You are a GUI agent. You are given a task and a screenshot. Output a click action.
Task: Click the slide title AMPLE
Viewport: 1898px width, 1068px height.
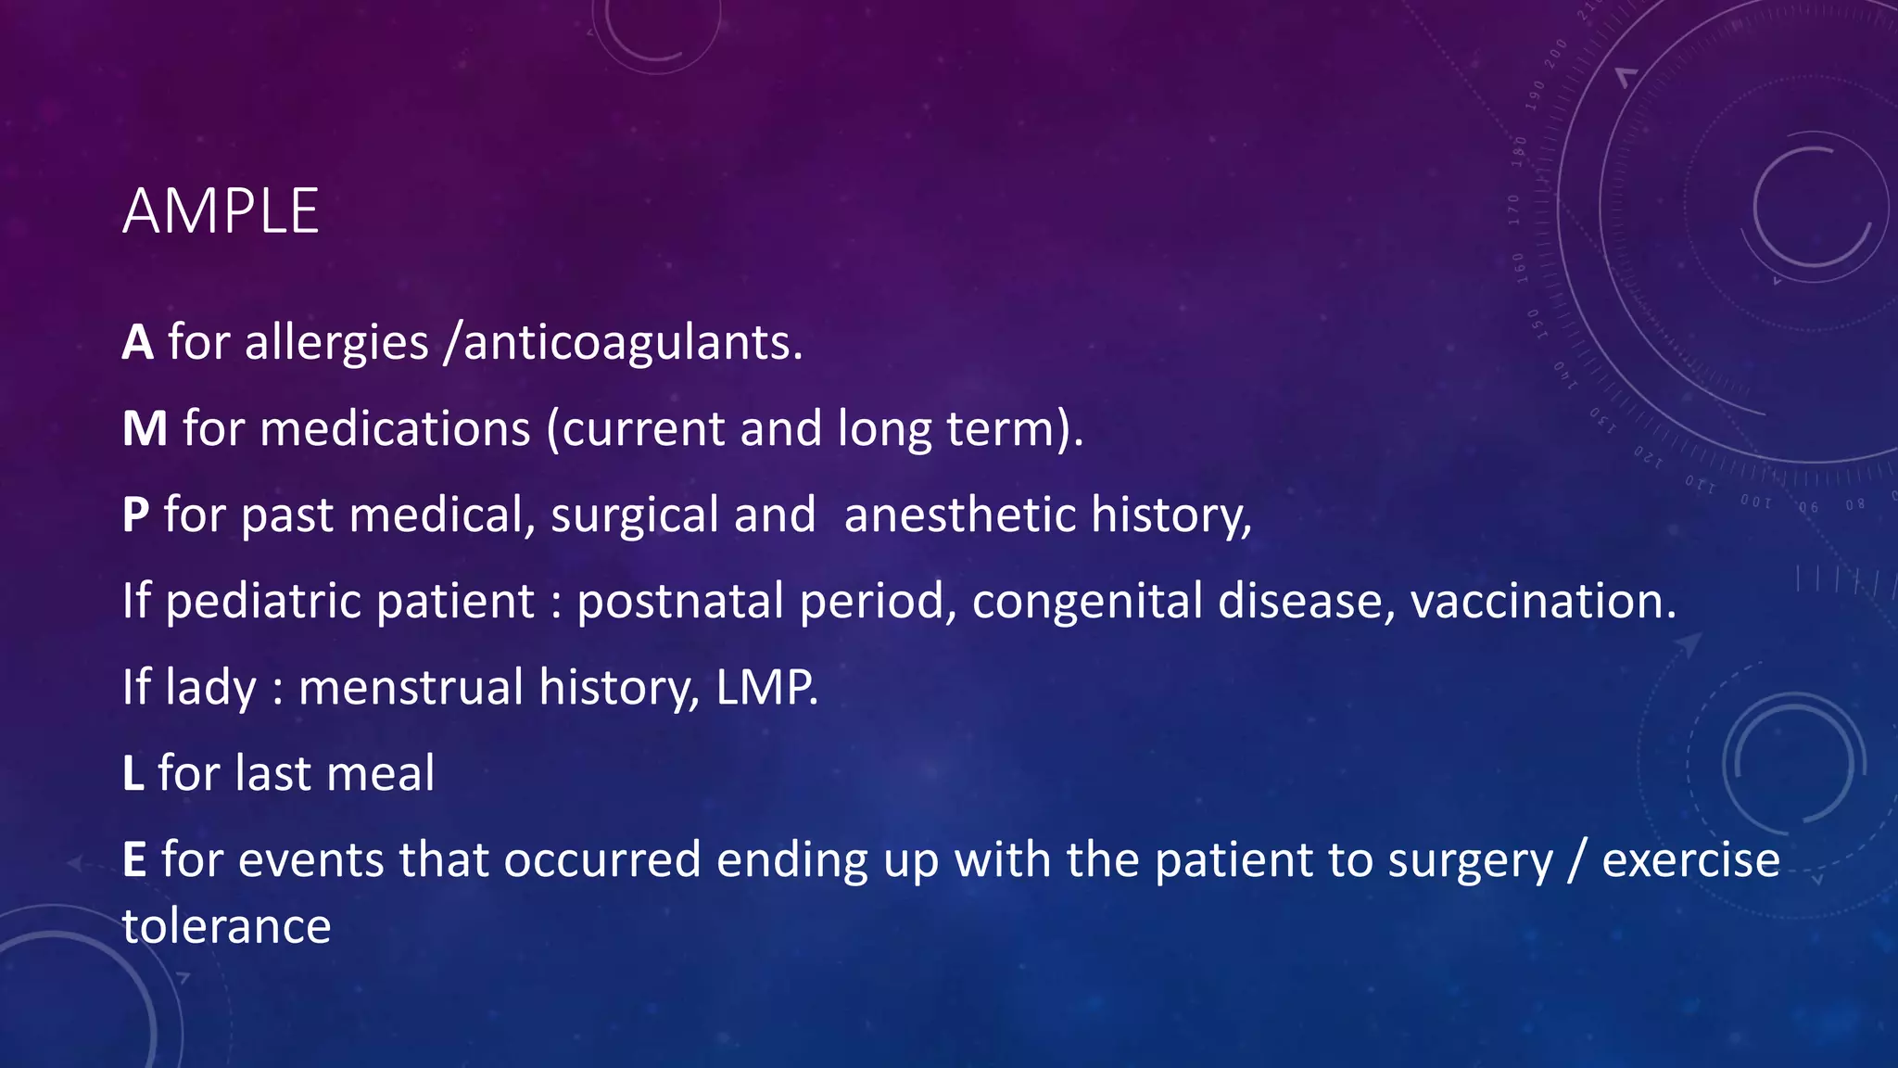pyautogui.click(x=221, y=211)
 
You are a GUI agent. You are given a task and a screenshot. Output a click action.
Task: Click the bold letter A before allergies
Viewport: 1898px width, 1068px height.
pyautogui.click(x=137, y=342)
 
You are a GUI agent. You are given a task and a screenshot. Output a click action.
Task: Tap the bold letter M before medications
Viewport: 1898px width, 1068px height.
pyautogui.click(x=145, y=428)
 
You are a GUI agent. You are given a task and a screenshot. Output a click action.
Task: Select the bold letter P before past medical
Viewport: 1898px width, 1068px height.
pyautogui.click(x=135, y=515)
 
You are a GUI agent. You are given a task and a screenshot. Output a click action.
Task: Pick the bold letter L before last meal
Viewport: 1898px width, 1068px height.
pyautogui.click(x=133, y=773)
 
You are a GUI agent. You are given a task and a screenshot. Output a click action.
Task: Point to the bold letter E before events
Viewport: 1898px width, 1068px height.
pyautogui.click(x=134, y=859)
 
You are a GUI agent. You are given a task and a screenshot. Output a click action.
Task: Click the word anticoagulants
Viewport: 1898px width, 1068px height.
pyautogui.click(x=632, y=342)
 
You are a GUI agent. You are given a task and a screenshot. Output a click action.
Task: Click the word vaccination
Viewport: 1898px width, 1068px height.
pyautogui.click(x=1542, y=601)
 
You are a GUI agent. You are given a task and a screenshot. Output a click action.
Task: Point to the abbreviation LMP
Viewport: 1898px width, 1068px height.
pyautogui.click(x=766, y=687)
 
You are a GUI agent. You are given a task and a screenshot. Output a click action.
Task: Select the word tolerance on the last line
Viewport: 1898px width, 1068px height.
pyautogui.click(x=227, y=925)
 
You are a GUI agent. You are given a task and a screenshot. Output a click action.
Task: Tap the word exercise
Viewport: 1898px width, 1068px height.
pyautogui.click(x=1690, y=859)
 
